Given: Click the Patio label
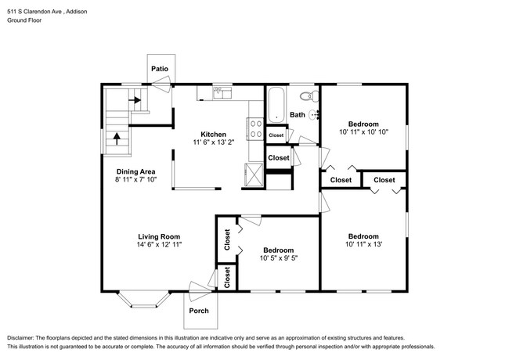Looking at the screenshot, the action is tap(160, 69).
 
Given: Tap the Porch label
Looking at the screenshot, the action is tap(199, 311).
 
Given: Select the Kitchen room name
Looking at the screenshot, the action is tap(213, 135).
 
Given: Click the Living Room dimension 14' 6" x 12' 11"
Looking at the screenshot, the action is tap(159, 244).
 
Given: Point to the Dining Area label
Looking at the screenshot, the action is tap(136, 171).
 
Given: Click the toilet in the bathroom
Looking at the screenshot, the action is tap(309, 96).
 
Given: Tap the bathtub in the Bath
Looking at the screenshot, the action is tap(276, 105).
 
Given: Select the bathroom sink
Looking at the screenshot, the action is tap(314, 115).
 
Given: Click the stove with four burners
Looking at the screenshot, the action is tap(255, 129).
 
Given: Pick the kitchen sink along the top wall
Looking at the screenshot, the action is tap(222, 93).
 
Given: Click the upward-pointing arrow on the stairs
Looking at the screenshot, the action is tap(117, 139).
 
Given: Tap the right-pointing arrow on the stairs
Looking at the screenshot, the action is tap(135, 100).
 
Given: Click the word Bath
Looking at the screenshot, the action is tap(298, 115).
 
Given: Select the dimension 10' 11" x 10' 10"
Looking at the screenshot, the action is tap(363, 132).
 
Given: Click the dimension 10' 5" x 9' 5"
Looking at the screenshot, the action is tap(279, 258).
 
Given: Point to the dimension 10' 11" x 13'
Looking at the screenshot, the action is tap(363, 244).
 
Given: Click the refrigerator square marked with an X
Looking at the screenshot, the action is tap(254, 175).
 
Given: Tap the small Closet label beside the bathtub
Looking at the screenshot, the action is tap(276, 135).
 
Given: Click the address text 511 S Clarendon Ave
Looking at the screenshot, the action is tap(35, 12).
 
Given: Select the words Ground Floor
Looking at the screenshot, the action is tap(24, 20).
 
